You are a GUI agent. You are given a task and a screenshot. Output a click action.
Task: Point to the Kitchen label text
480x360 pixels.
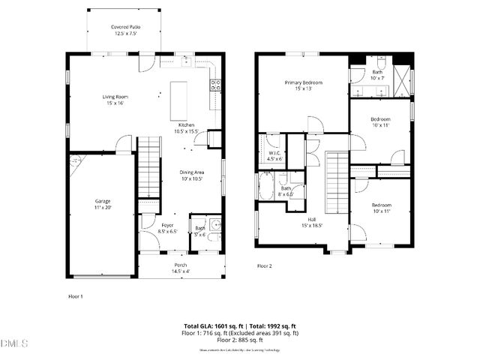click(x=186, y=127)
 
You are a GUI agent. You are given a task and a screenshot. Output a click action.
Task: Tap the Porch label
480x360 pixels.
click(x=181, y=268)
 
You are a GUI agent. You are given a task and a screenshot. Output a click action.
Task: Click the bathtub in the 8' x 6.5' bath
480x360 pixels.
click(x=267, y=187)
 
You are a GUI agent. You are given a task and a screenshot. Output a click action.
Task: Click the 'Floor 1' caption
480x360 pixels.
click(x=75, y=296)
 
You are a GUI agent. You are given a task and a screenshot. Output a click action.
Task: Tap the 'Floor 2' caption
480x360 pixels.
click(x=264, y=266)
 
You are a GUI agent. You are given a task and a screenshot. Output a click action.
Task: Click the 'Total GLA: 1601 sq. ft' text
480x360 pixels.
click(x=210, y=325)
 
